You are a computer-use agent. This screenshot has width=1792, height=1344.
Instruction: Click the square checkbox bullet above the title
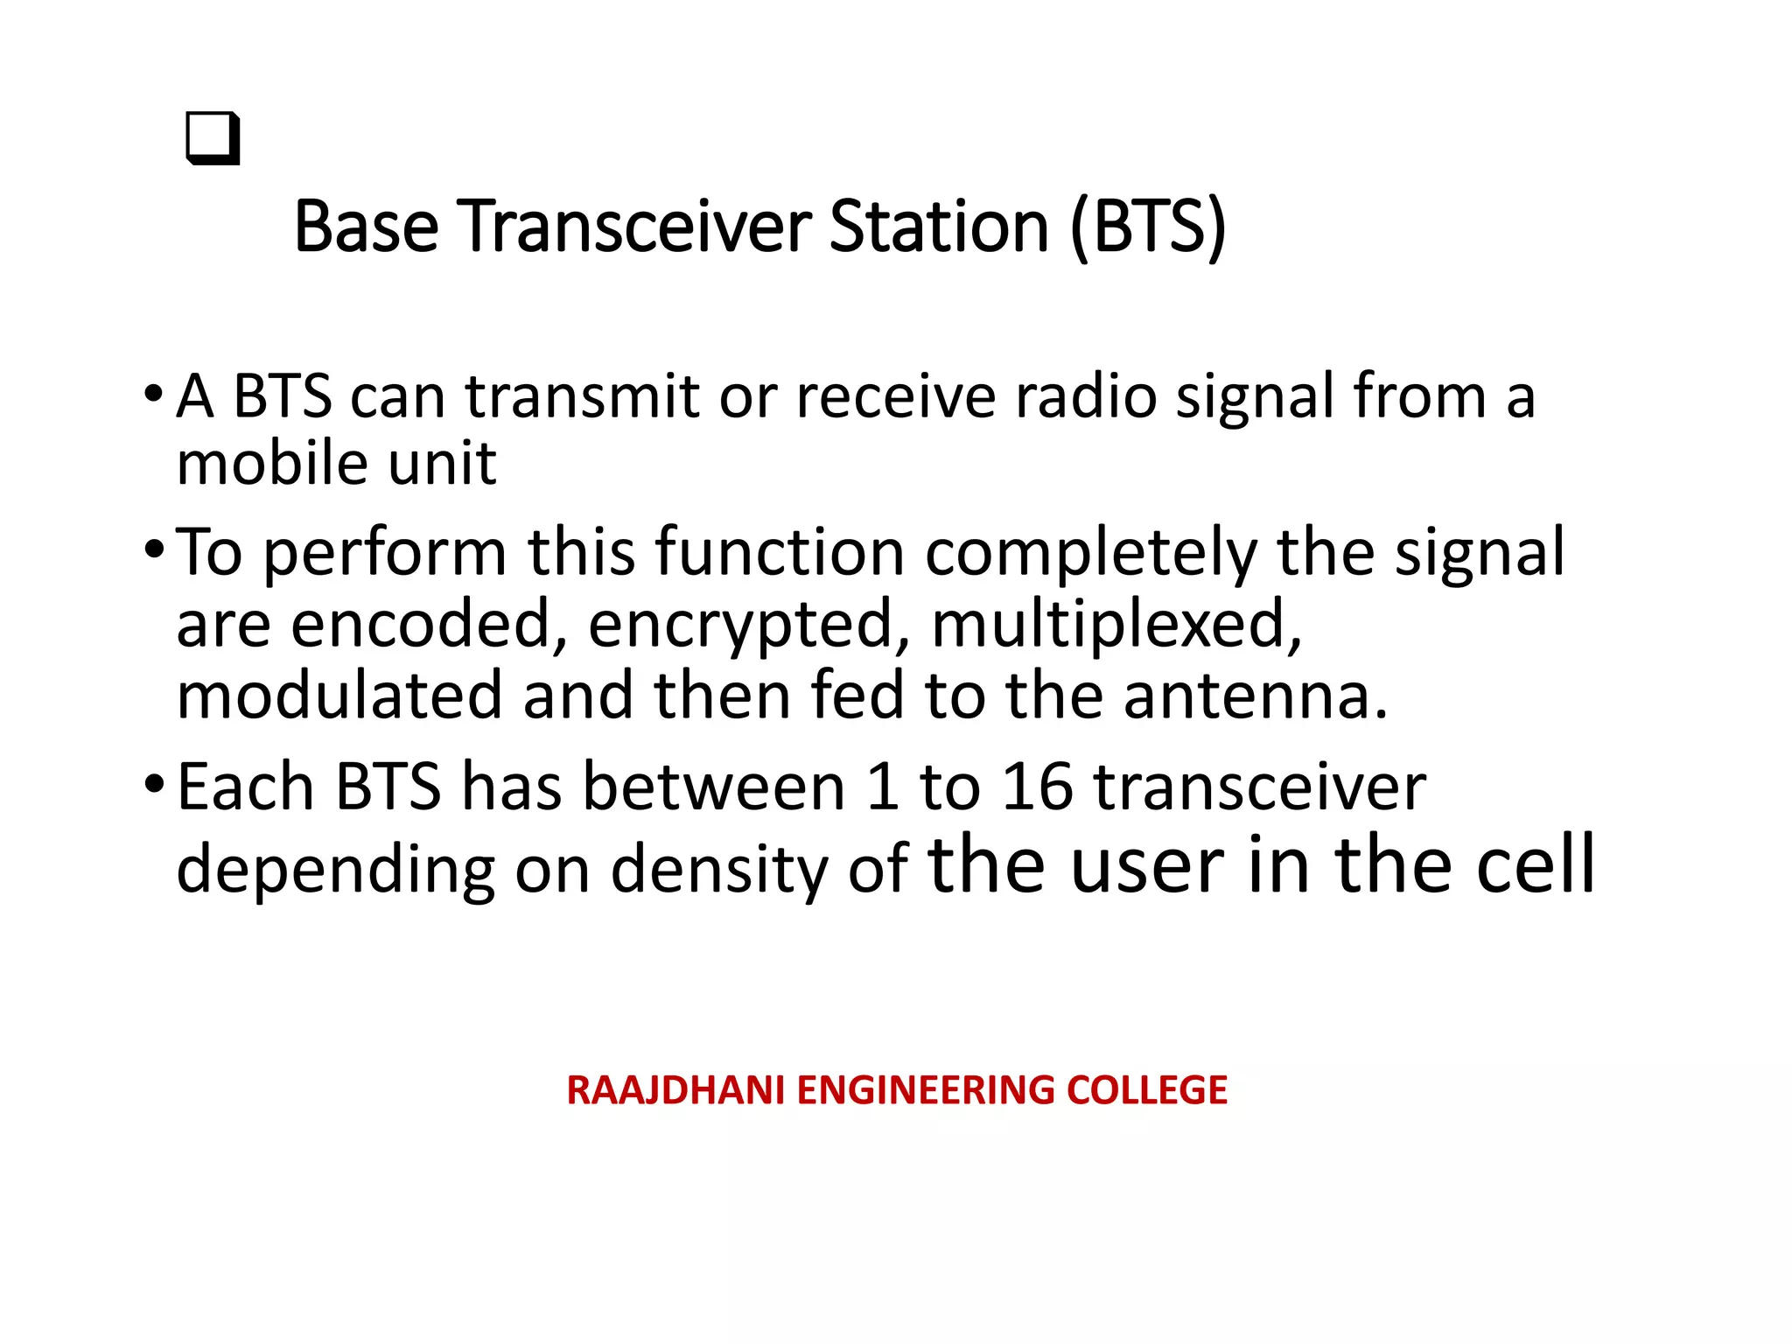213,138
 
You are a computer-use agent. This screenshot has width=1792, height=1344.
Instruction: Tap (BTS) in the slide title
1148,227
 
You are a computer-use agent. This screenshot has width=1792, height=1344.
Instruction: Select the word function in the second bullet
779,553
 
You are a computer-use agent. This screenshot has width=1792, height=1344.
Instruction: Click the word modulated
339,696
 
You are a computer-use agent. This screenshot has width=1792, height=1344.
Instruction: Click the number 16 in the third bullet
1037,787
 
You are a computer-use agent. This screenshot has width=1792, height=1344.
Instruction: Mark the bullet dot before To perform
154,549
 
